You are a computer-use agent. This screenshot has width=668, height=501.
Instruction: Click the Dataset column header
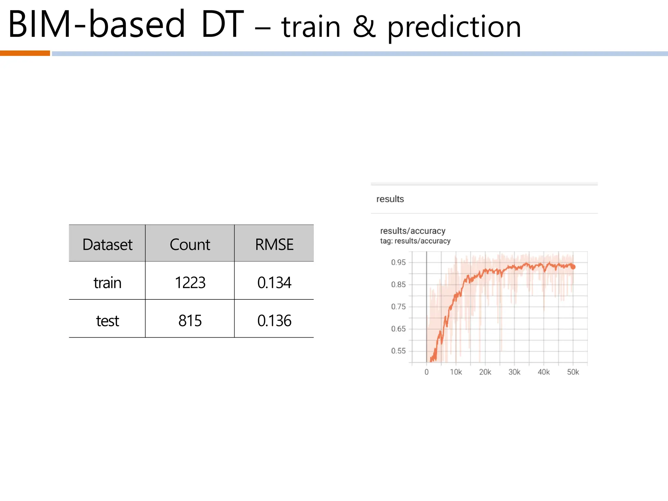coord(107,244)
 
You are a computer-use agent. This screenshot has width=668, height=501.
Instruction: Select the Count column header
coord(190,244)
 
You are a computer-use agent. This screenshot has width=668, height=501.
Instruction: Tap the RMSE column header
coord(274,244)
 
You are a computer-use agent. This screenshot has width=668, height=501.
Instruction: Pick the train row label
coord(107,282)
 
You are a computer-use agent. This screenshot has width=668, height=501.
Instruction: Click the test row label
coord(107,321)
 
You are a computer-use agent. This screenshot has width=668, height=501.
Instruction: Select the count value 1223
coord(190,282)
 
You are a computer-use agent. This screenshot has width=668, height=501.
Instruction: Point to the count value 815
coord(190,321)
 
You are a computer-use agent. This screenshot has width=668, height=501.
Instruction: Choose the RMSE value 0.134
coord(274,282)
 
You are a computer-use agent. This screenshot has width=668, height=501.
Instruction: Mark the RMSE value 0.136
coord(274,321)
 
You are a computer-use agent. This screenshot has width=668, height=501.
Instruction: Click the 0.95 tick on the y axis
coord(398,262)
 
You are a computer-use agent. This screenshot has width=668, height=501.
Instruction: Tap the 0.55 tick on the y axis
coord(398,351)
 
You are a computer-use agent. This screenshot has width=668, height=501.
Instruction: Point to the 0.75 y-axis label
coord(398,307)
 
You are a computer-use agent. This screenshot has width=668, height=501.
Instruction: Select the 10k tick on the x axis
coord(456,372)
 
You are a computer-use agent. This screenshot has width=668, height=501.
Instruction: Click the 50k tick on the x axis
coord(573,372)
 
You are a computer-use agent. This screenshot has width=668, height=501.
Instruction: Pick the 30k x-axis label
coord(514,372)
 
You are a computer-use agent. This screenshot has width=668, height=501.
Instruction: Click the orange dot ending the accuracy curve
coord(573,267)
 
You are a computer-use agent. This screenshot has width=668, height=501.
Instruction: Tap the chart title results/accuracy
coord(413,231)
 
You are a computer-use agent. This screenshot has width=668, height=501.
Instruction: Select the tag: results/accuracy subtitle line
coord(415,241)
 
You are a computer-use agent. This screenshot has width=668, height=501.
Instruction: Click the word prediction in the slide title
coord(454,27)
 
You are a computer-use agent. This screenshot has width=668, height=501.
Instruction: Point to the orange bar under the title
coord(25,53)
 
